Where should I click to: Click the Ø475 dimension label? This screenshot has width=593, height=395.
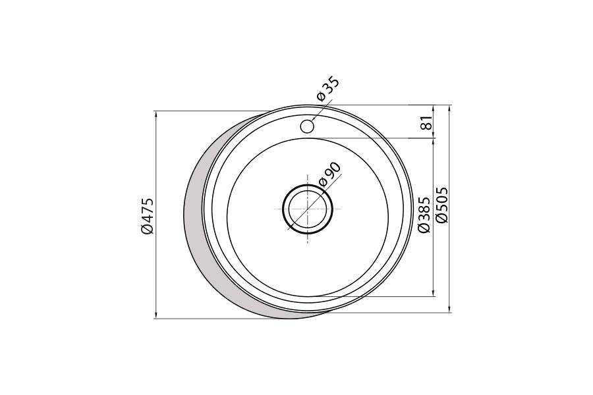pyautogui.click(x=147, y=215)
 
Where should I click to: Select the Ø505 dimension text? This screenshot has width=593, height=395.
pyautogui.click(x=441, y=205)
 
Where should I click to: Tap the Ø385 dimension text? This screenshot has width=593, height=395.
pyautogui.click(x=424, y=215)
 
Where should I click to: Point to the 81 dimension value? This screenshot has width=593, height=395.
pyautogui.click(x=426, y=122)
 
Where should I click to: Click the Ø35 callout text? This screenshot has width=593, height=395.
pyautogui.click(x=328, y=90)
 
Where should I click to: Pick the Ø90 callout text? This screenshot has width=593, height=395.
pyautogui.click(x=330, y=174)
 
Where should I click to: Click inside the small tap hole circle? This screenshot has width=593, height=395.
pyautogui.click(x=306, y=126)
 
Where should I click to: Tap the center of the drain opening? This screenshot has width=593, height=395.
pyautogui.click(x=308, y=209)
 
